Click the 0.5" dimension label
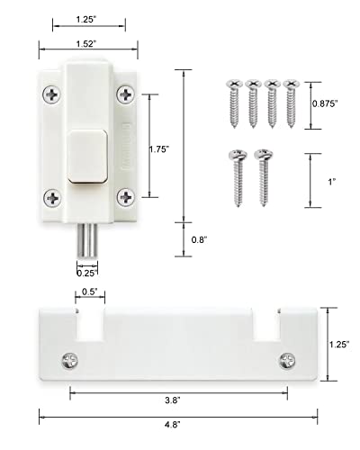click(x=89, y=292)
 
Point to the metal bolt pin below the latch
click(x=87, y=240)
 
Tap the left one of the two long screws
click(x=239, y=175)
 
